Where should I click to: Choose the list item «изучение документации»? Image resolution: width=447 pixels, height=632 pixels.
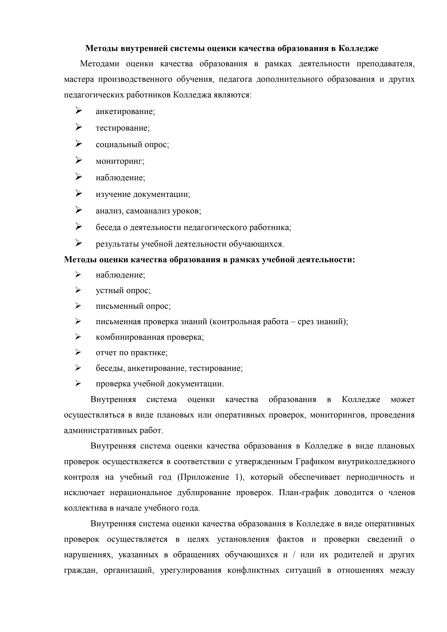(143, 194)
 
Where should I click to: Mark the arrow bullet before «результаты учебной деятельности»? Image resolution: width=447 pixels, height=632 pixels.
(79, 243)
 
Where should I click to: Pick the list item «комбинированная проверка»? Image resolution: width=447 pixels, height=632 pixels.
(149, 337)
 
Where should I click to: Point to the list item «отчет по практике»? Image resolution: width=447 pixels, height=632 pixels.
(132, 353)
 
